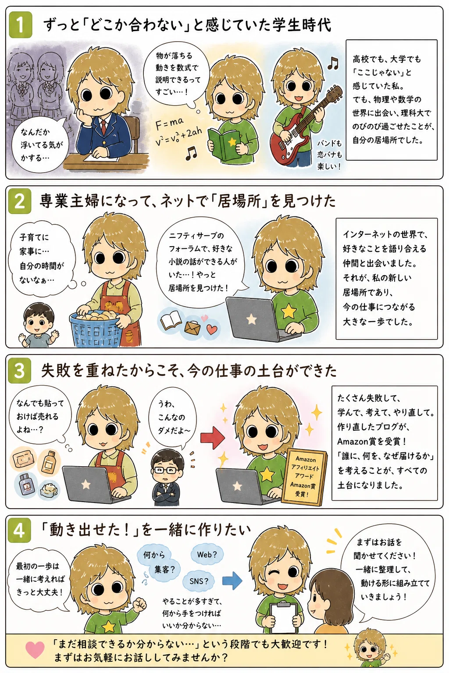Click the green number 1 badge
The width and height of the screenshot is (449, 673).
(20, 25)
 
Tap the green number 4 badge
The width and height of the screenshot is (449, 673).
(19, 531)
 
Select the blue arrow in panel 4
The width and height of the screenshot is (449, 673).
(232, 581)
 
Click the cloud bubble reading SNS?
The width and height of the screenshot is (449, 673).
(199, 581)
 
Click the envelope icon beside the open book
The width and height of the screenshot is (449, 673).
(192, 328)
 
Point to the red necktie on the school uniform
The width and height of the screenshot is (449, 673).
(103, 127)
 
